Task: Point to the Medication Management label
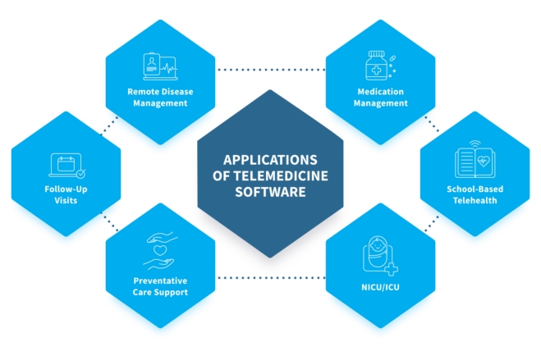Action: (x=382, y=98)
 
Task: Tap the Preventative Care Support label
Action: (x=160, y=286)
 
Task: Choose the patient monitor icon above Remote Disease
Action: (x=160, y=66)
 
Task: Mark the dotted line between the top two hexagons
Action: (x=271, y=70)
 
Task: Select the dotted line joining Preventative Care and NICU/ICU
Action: (x=271, y=276)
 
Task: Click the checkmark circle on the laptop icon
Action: (x=80, y=174)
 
